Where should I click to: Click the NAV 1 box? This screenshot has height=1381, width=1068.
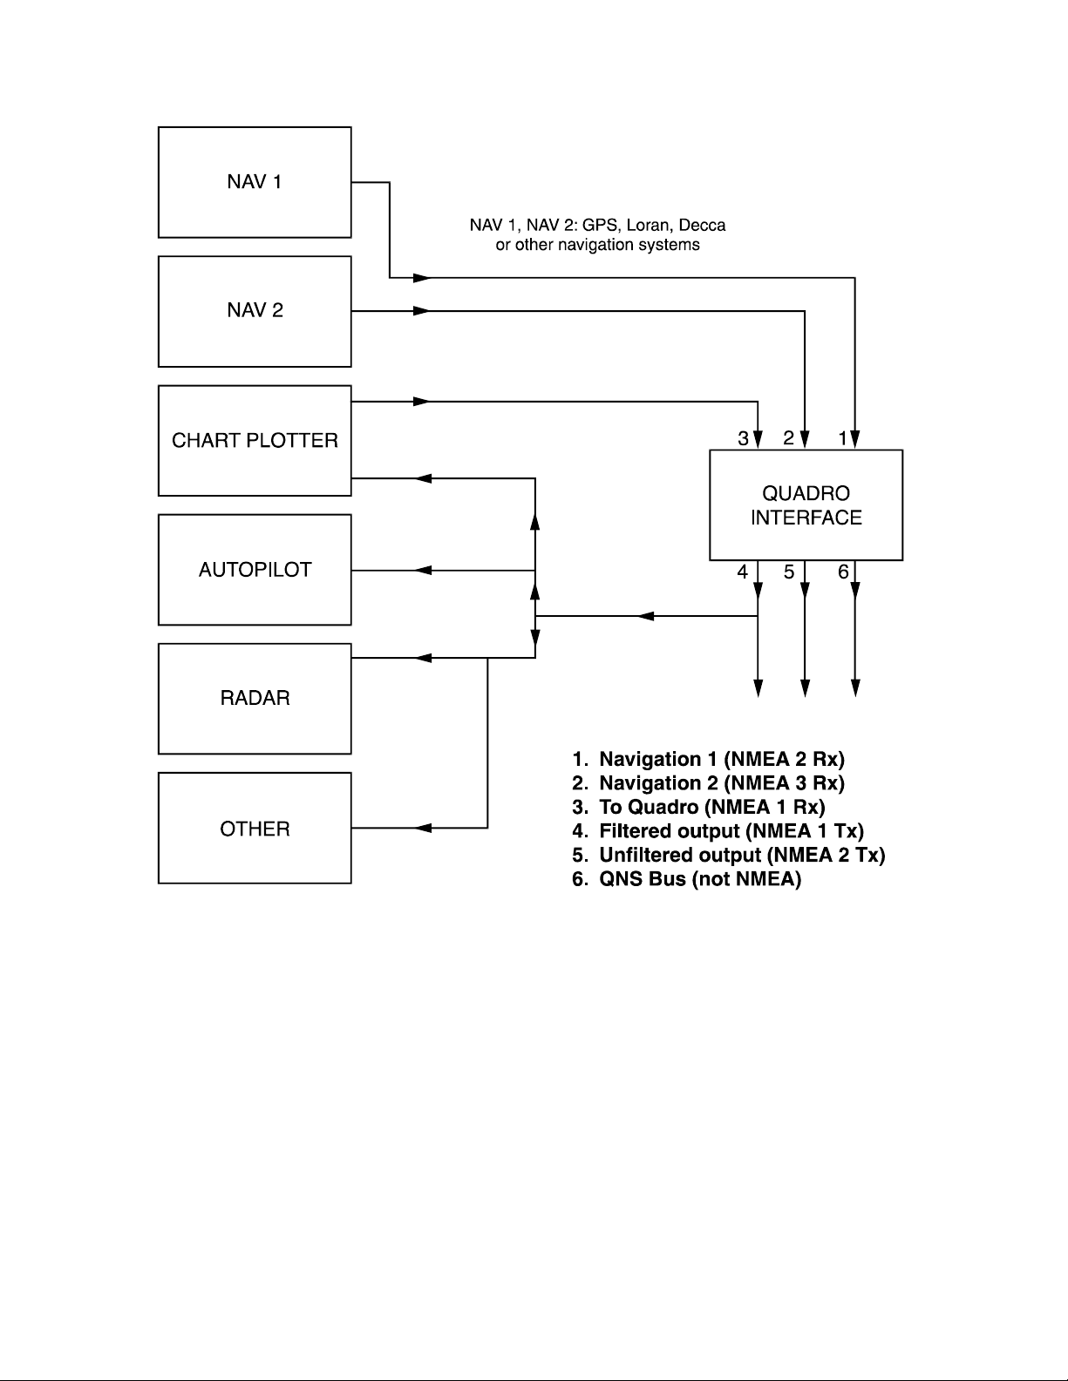tap(255, 182)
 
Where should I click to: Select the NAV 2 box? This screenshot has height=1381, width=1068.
tap(255, 311)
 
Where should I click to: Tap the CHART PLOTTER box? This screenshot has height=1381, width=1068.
tap(255, 440)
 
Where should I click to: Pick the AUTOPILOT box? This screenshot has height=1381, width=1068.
tap(255, 570)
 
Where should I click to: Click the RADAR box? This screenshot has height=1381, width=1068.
tap(255, 698)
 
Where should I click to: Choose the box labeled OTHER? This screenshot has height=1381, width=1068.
tap(255, 828)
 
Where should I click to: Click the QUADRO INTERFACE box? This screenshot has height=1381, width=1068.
tap(806, 505)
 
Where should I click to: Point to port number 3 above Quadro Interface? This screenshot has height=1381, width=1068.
tap(743, 438)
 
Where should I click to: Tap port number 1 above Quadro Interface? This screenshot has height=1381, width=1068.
tap(843, 438)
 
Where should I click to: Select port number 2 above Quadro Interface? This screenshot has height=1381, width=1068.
tap(788, 438)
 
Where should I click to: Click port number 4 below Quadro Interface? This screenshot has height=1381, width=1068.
tap(742, 572)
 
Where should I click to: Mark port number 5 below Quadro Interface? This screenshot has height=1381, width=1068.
tap(788, 572)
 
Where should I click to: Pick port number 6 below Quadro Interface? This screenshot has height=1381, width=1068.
tap(843, 572)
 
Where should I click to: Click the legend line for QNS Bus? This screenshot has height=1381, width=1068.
tap(686, 879)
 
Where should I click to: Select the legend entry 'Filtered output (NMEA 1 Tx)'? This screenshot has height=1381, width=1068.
tap(718, 831)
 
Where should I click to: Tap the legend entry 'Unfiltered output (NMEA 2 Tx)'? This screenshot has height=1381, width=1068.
tap(728, 856)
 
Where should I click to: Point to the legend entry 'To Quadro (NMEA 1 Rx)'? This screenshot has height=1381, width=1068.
tap(698, 807)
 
